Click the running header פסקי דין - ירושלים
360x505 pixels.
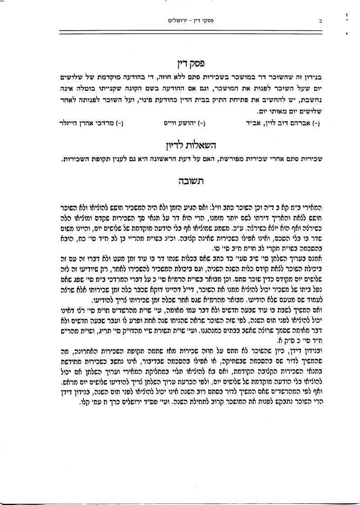point(184,20)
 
